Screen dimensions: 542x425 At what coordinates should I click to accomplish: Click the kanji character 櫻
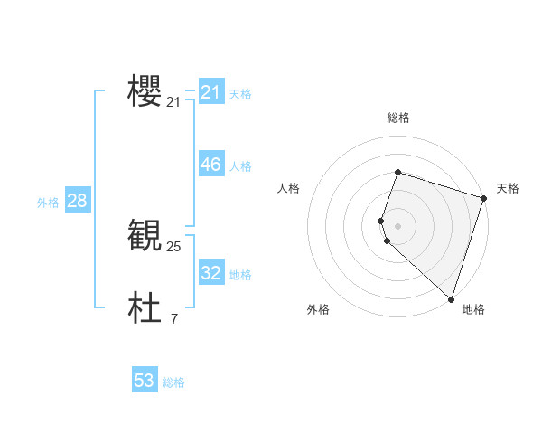[x=145, y=92]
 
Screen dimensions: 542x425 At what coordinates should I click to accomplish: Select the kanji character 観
[x=145, y=235]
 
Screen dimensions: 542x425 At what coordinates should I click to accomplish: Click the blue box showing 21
[x=211, y=92]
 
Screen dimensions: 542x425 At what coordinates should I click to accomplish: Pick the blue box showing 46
[x=211, y=165]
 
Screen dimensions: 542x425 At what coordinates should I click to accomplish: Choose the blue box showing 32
[x=211, y=272]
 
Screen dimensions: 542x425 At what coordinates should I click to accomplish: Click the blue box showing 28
[x=77, y=201]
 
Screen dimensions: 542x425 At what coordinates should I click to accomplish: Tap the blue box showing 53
[x=145, y=381]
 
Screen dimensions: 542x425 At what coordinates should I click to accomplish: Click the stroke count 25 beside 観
[x=174, y=246]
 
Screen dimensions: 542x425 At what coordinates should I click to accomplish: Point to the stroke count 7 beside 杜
[x=174, y=318]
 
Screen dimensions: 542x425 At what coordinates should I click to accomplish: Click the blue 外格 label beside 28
[x=48, y=203]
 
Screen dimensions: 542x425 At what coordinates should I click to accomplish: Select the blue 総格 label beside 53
[x=173, y=382]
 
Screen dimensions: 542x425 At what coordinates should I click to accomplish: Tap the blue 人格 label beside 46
[x=240, y=166]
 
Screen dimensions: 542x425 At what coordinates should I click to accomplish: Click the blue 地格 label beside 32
[x=240, y=275]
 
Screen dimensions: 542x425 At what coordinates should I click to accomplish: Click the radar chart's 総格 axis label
[x=398, y=118]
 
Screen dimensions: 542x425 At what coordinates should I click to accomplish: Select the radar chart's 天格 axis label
[x=508, y=188]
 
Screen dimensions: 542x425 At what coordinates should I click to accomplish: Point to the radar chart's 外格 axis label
[x=318, y=309]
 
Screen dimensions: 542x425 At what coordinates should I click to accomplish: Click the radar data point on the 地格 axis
[x=451, y=298]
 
